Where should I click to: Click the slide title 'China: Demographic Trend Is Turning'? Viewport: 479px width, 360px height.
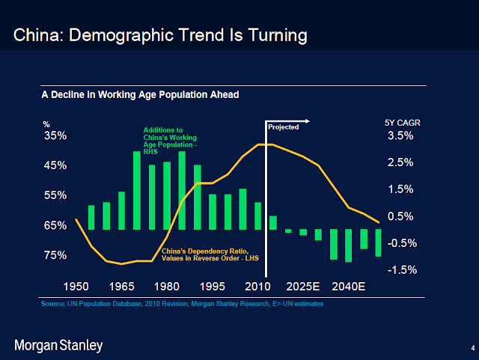click(x=161, y=35)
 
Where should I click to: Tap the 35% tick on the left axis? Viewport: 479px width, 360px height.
click(x=55, y=135)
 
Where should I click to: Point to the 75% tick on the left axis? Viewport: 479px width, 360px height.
click(x=55, y=255)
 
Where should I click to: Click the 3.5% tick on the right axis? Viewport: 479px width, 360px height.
click(x=400, y=135)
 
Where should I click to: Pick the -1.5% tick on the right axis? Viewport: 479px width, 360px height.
click(x=401, y=269)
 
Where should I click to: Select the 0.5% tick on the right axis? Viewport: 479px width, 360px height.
click(x=400, y=216)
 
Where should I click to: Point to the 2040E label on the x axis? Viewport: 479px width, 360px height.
click(x=349, y=286)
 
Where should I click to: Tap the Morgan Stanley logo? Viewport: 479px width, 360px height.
click(x=58, y=345)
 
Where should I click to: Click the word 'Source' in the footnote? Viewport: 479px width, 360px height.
click(x=53, y=305)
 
